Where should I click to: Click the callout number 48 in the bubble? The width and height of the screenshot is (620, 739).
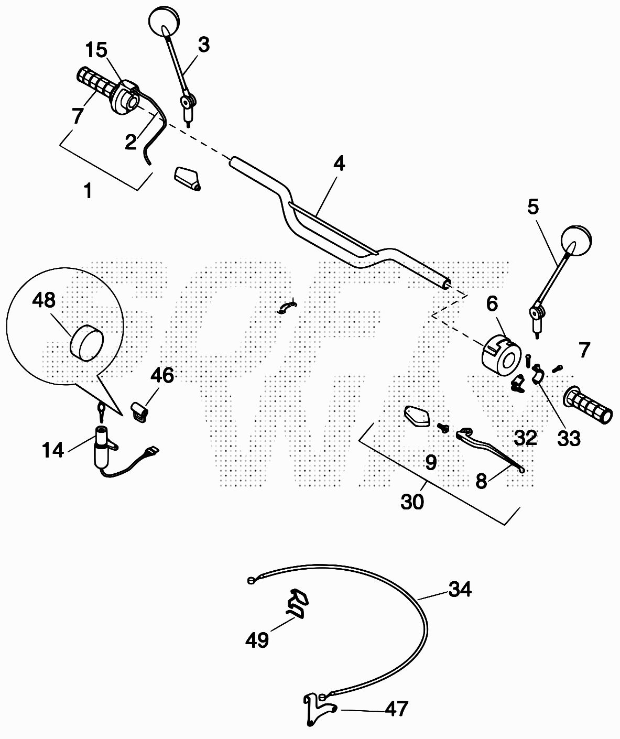(43, 301)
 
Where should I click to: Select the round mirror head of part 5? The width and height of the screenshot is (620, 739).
(575, 240)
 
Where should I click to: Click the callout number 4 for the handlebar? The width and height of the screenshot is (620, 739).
(339, 164)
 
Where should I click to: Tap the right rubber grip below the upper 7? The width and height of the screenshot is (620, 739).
(588, 407)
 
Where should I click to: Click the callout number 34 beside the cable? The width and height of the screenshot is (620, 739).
(460, 590)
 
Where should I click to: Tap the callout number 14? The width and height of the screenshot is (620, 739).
(53, 450)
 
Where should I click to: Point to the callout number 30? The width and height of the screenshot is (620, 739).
(412, 502)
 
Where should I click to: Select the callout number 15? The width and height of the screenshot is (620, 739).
(96, 50)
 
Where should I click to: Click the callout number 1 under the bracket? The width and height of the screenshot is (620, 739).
(88, 191)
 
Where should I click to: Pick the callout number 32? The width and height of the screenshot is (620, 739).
(526, 438)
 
